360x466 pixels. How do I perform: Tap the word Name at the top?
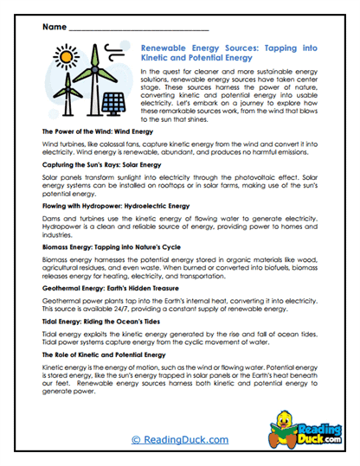pyautogui.click(x=53, y=25)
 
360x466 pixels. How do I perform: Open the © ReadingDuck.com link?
pyautogui.click(x=180, y=440)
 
